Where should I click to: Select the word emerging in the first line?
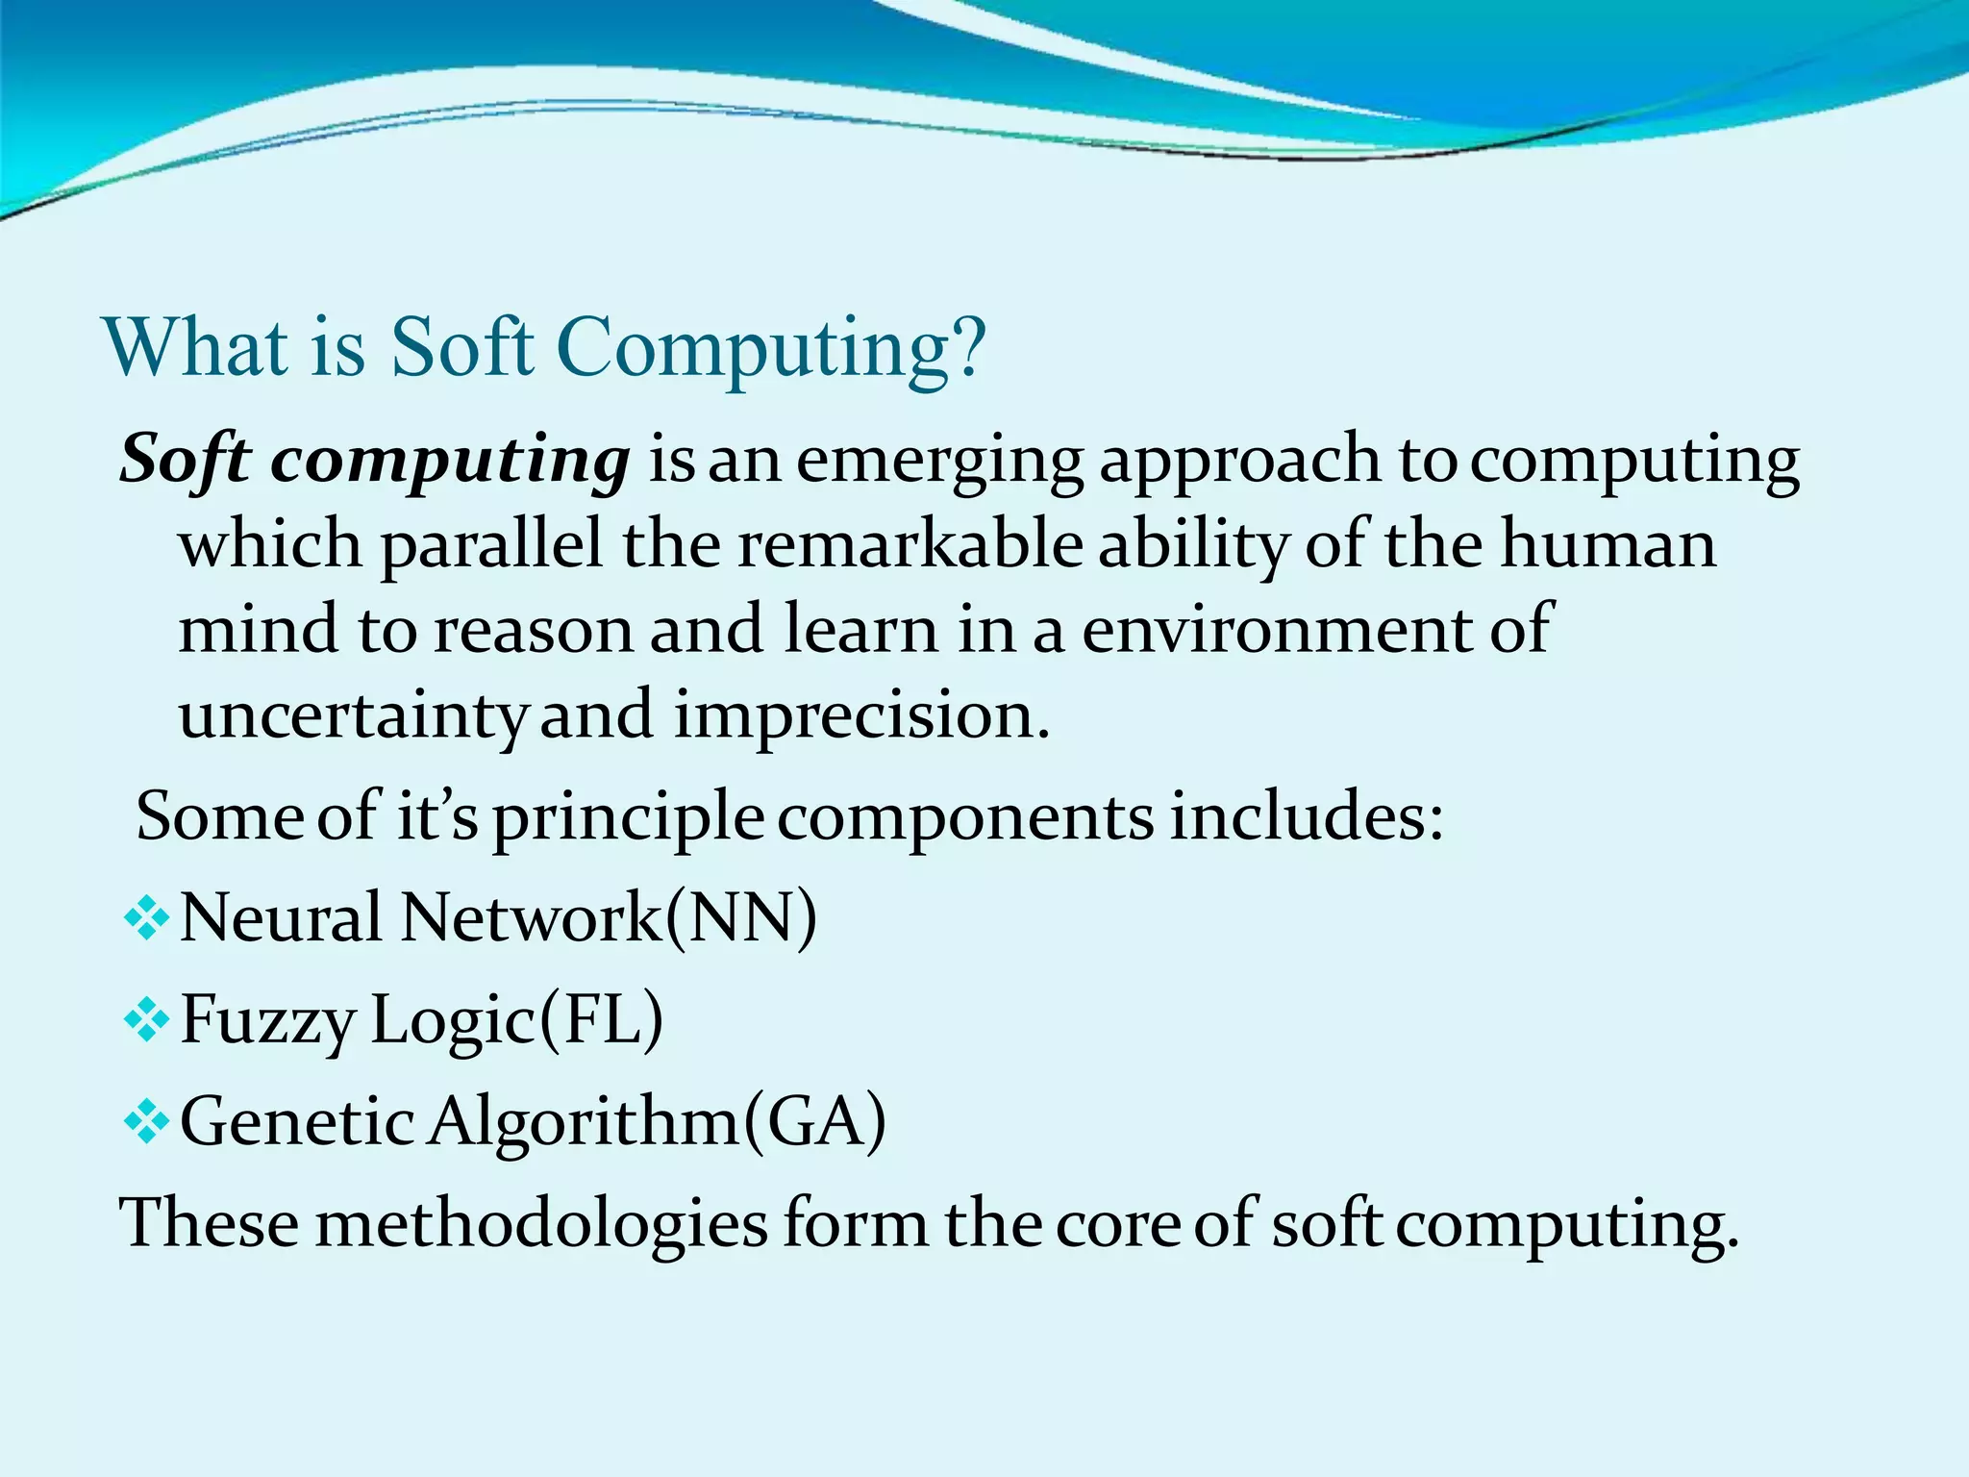coord(939,462)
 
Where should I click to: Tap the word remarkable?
coord(909,544)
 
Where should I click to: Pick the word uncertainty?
coord(353,716)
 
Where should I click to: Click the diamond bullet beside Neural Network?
coord(147,918)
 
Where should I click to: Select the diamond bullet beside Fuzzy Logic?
coord(147,1020)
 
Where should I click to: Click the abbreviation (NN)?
coord(741,918)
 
